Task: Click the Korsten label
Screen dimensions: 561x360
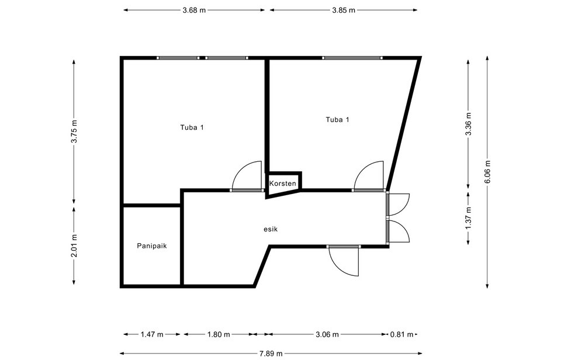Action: (283, 184)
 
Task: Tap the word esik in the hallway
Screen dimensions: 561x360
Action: (271, 230)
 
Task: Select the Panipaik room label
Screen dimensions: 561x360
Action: (152, 246)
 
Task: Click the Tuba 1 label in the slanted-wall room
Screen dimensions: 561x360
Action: (337, 120)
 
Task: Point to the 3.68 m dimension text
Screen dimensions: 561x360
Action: (194, 10)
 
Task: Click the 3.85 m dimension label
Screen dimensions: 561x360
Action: (344, 10)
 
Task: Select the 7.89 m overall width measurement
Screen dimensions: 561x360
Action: (271, 354)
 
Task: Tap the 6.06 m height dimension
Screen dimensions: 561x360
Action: (487, 171)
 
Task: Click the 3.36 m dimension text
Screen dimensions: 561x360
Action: (468, 124)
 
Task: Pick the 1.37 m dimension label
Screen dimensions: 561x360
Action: (468, 218)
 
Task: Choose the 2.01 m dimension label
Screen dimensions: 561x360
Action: (74, 245)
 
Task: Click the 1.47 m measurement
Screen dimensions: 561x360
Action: (152, 334)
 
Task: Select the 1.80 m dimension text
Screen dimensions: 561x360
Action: (219, 334)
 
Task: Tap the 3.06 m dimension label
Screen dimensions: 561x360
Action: (327, 334)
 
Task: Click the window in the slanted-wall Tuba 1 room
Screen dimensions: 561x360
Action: (352, 58)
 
